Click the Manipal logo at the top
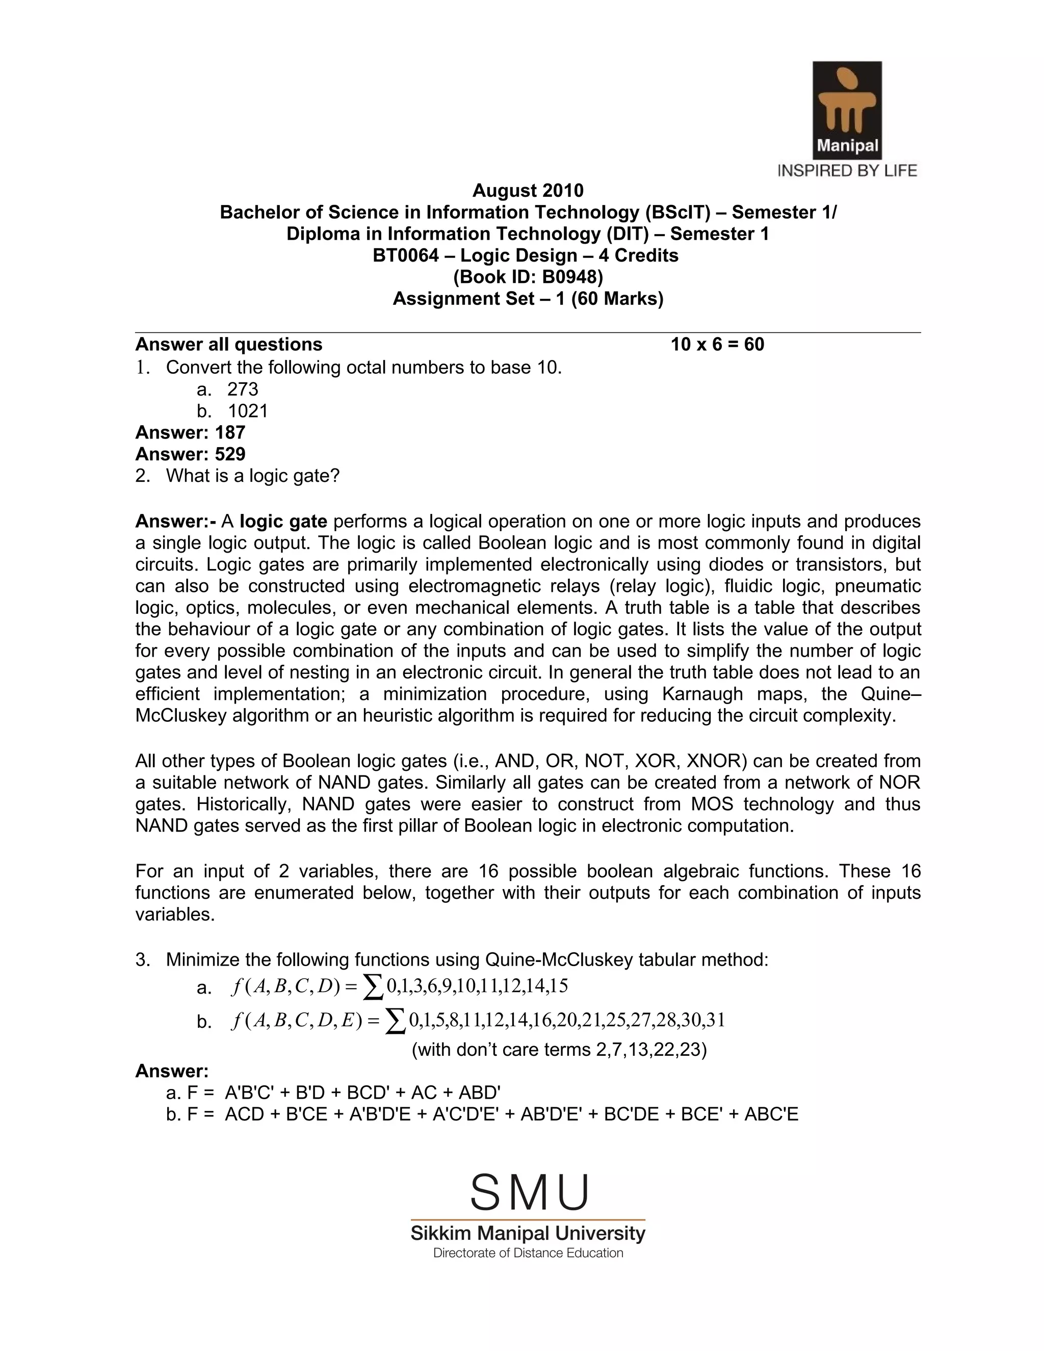click(847, 110)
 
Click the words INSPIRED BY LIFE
click(847, 171)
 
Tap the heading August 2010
click(528, 190)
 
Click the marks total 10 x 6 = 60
click(717, 345)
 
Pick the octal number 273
click(243, 389)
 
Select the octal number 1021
click(248, 411)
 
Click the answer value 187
click(230, 432)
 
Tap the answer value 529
click(230, 454)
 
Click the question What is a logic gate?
click(252, 476)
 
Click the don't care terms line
click(559, 1050)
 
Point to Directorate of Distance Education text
click(528, 1253)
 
